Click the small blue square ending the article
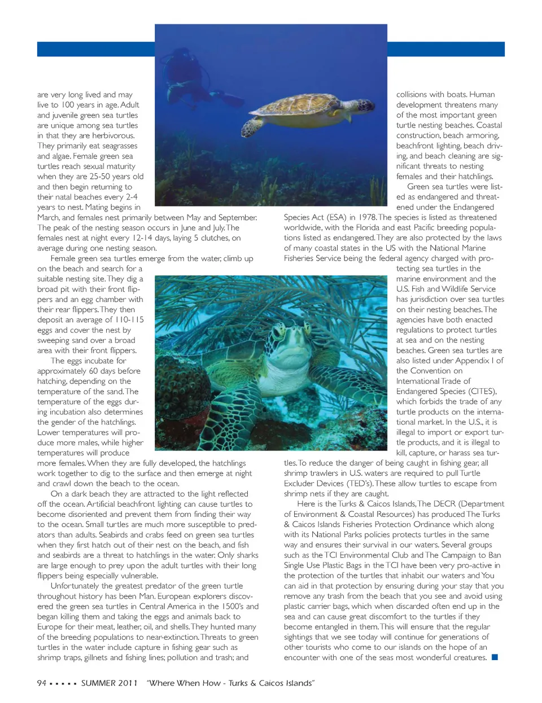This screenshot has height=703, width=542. point(495,657)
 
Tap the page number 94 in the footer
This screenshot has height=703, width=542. point(42,683)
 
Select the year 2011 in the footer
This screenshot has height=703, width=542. point(128,683)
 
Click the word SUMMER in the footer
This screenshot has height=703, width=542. point(98,683)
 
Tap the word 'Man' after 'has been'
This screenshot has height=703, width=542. point(161,596)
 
